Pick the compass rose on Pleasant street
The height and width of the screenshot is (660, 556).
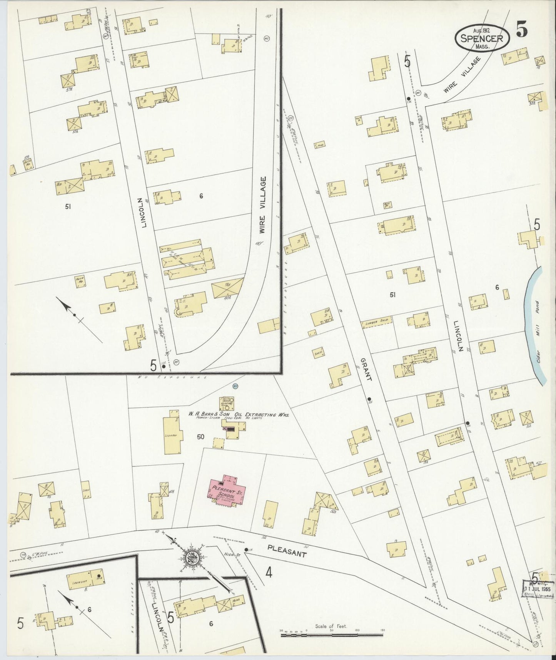coord(191,558)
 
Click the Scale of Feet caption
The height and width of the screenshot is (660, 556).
coord(331,626)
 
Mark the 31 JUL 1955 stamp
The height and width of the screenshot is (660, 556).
coord(538,590)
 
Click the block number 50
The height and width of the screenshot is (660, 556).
coord(200,437)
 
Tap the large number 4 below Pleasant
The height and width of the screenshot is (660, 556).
coord(269,573)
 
